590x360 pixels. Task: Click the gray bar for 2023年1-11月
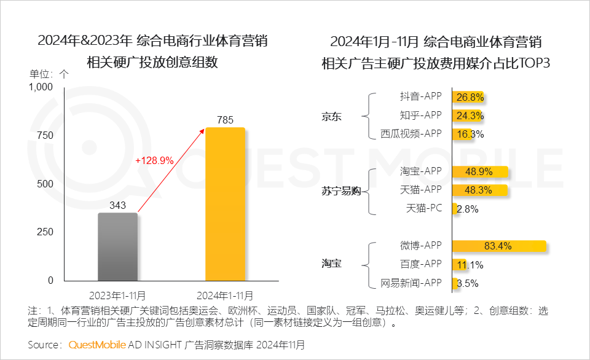pyautogui.click(x=117, y=246)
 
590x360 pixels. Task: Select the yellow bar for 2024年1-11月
pyautogui.click(x=225, y=204)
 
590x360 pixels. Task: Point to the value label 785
pyautogui.click(x=225, y=120)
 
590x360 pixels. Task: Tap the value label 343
pyautogui.click(x=117, y=205)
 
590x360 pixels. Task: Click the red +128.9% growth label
pyautogui.click(x=154, y=161)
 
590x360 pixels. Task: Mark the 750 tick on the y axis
pyautogui.click(x=45, y=135)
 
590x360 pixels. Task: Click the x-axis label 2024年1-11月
pyautogui.click(x=225, y=294)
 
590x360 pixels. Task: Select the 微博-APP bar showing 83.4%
pyautogui.click(x=498, y=246)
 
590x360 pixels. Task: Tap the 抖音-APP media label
pyautogui.click(x=421, y=96)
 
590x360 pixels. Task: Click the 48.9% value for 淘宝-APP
pyautogui.click(x=480, y=171)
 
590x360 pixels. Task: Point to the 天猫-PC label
pyautogui.click(x=424, y=208)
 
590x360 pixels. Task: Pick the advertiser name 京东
pyautogui.click(x=331, y=115)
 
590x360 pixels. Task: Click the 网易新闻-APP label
pyautogui.click(x=411, y=283)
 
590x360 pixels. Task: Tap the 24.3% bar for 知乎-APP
pyautogui.click(x=468, y=115)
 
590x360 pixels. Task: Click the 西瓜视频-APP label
pyautogui.click(x=411, y=133)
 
